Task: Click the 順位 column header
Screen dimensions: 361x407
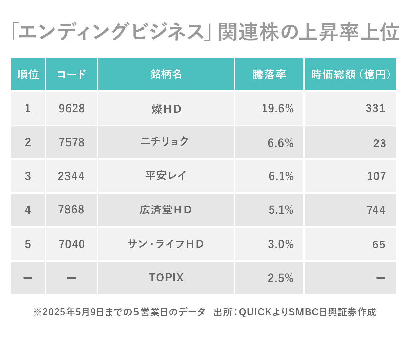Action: click(x=28, y=74)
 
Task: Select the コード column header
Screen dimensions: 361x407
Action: click(x=72, y=74)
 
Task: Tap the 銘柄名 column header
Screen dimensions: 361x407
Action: click(x=166, y=74)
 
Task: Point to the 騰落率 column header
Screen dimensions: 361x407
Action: click(x=269, y=74)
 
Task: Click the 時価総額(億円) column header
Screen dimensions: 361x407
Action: click(x=350, y=74)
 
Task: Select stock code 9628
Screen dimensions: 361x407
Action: click(x=72, y=109)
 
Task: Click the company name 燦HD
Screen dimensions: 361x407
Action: click(x=166, y=109)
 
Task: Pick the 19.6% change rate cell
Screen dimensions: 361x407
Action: click(x=277, y=109)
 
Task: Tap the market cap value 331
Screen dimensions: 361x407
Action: click(x=375, y=108)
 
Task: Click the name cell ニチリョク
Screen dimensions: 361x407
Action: click(x=165, y=141)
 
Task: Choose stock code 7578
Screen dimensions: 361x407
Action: click(x=72, y=142)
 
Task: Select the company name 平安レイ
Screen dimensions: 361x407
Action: click(x=166, y=176)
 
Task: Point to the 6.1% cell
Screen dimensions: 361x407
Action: click(x=281, y=176)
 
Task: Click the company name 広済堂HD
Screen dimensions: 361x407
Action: click(x=166, y=210)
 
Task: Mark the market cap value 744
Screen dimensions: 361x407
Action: click(x=376, y=210)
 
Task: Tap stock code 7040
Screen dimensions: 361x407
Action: click(x=72, y=244)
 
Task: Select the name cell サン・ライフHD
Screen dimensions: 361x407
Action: click(x=166, y=244)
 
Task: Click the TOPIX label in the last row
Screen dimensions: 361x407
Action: click(x=166, y=278)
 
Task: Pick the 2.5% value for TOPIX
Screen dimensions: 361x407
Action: click(x=280, y=278)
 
